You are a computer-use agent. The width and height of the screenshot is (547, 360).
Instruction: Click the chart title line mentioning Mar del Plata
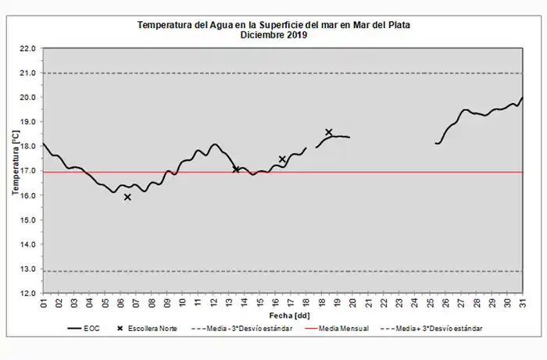click(x=273, y=24)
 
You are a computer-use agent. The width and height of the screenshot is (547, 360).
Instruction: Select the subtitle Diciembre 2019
click(x=273, y=34)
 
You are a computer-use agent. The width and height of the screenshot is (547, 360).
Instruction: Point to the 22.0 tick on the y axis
click(x=28, y=48)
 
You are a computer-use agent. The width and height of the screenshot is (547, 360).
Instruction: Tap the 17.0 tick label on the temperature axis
click(x=28, y=171)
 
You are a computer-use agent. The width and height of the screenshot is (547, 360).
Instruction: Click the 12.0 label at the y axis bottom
click(x=28, y=293)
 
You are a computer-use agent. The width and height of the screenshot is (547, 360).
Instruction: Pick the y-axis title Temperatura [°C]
click(x=15, y=170)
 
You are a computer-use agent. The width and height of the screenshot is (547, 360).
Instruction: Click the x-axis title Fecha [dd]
click(x=282, y=314)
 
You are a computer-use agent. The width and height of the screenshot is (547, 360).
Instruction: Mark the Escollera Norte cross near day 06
click(x=127, y=198)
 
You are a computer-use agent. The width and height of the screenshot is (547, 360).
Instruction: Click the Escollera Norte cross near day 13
click(x=236, y=169)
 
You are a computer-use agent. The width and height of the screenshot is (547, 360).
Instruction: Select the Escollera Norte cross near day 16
click(x=282, y=159)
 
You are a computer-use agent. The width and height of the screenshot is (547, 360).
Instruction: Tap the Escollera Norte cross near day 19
click(x=329, y=133)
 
